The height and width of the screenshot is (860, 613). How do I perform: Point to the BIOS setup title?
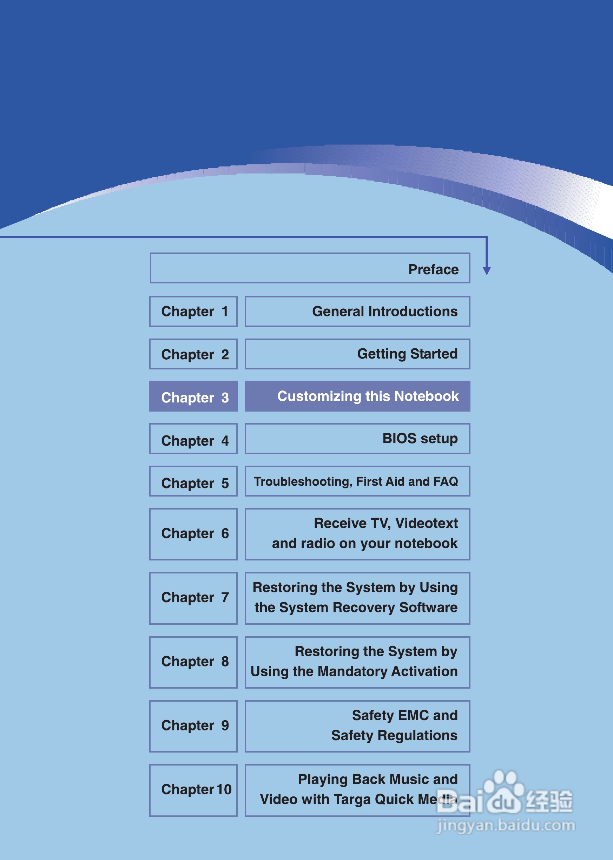coord(420,438)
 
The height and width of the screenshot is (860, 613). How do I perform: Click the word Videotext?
coord(426,523)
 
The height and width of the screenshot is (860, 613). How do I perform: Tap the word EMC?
coord(413,715)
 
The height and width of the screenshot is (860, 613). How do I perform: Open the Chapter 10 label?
coord(196,789)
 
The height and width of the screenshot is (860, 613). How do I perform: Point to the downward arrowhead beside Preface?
coord(487,270)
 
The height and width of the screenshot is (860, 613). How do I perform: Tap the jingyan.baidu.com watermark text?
coord(506,825)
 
